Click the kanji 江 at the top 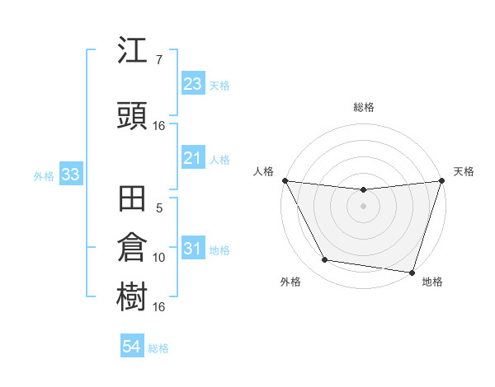(133, 51)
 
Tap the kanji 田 (133, 200)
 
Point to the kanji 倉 (133, 248)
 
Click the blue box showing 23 (192, 84)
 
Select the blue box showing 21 (192, 158)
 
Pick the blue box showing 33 (70, 175)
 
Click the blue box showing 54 (131, 347)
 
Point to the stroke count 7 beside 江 (158, 60)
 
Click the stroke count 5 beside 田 (159, 209)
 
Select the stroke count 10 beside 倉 (159, 258)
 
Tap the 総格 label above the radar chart (364, 107)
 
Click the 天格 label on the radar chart (464, 171)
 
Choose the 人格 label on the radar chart (263, 171)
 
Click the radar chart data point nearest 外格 (325, 260)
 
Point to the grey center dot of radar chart (363, 206)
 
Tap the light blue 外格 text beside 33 (43, 176)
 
